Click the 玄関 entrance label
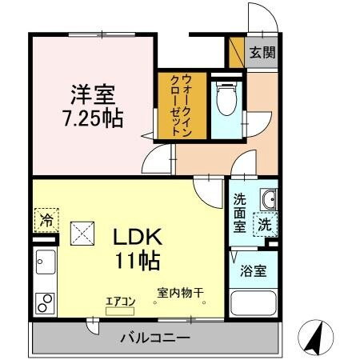pyautogui.click(x=261, y=53)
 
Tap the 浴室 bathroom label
pyautogui.click(x=254, y=270)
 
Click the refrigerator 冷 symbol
pyautogui.click(x=46, y=218)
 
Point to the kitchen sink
pyautogui.click(x=44, y=262)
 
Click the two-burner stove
pyautogui.click(x=45, y=304)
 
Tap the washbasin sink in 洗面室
pyautogui.click(x=269, y=198)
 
